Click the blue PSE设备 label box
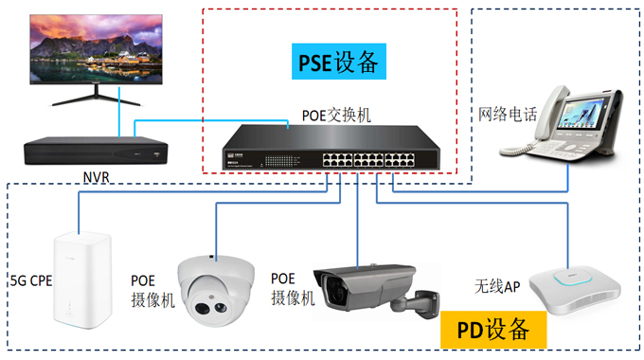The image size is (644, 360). pyautogui.click(x=337, y=63)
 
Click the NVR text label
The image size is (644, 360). pyautogui.click(x=97, y=178)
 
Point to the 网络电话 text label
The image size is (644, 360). pyautogui.click(x=509, y=115)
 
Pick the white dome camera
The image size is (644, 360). pyautogui.click(x=216, y=291)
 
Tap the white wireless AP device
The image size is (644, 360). pyautogui.click(x=576, y=289)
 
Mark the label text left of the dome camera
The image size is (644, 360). pyautogui.click(x=152, y=291)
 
